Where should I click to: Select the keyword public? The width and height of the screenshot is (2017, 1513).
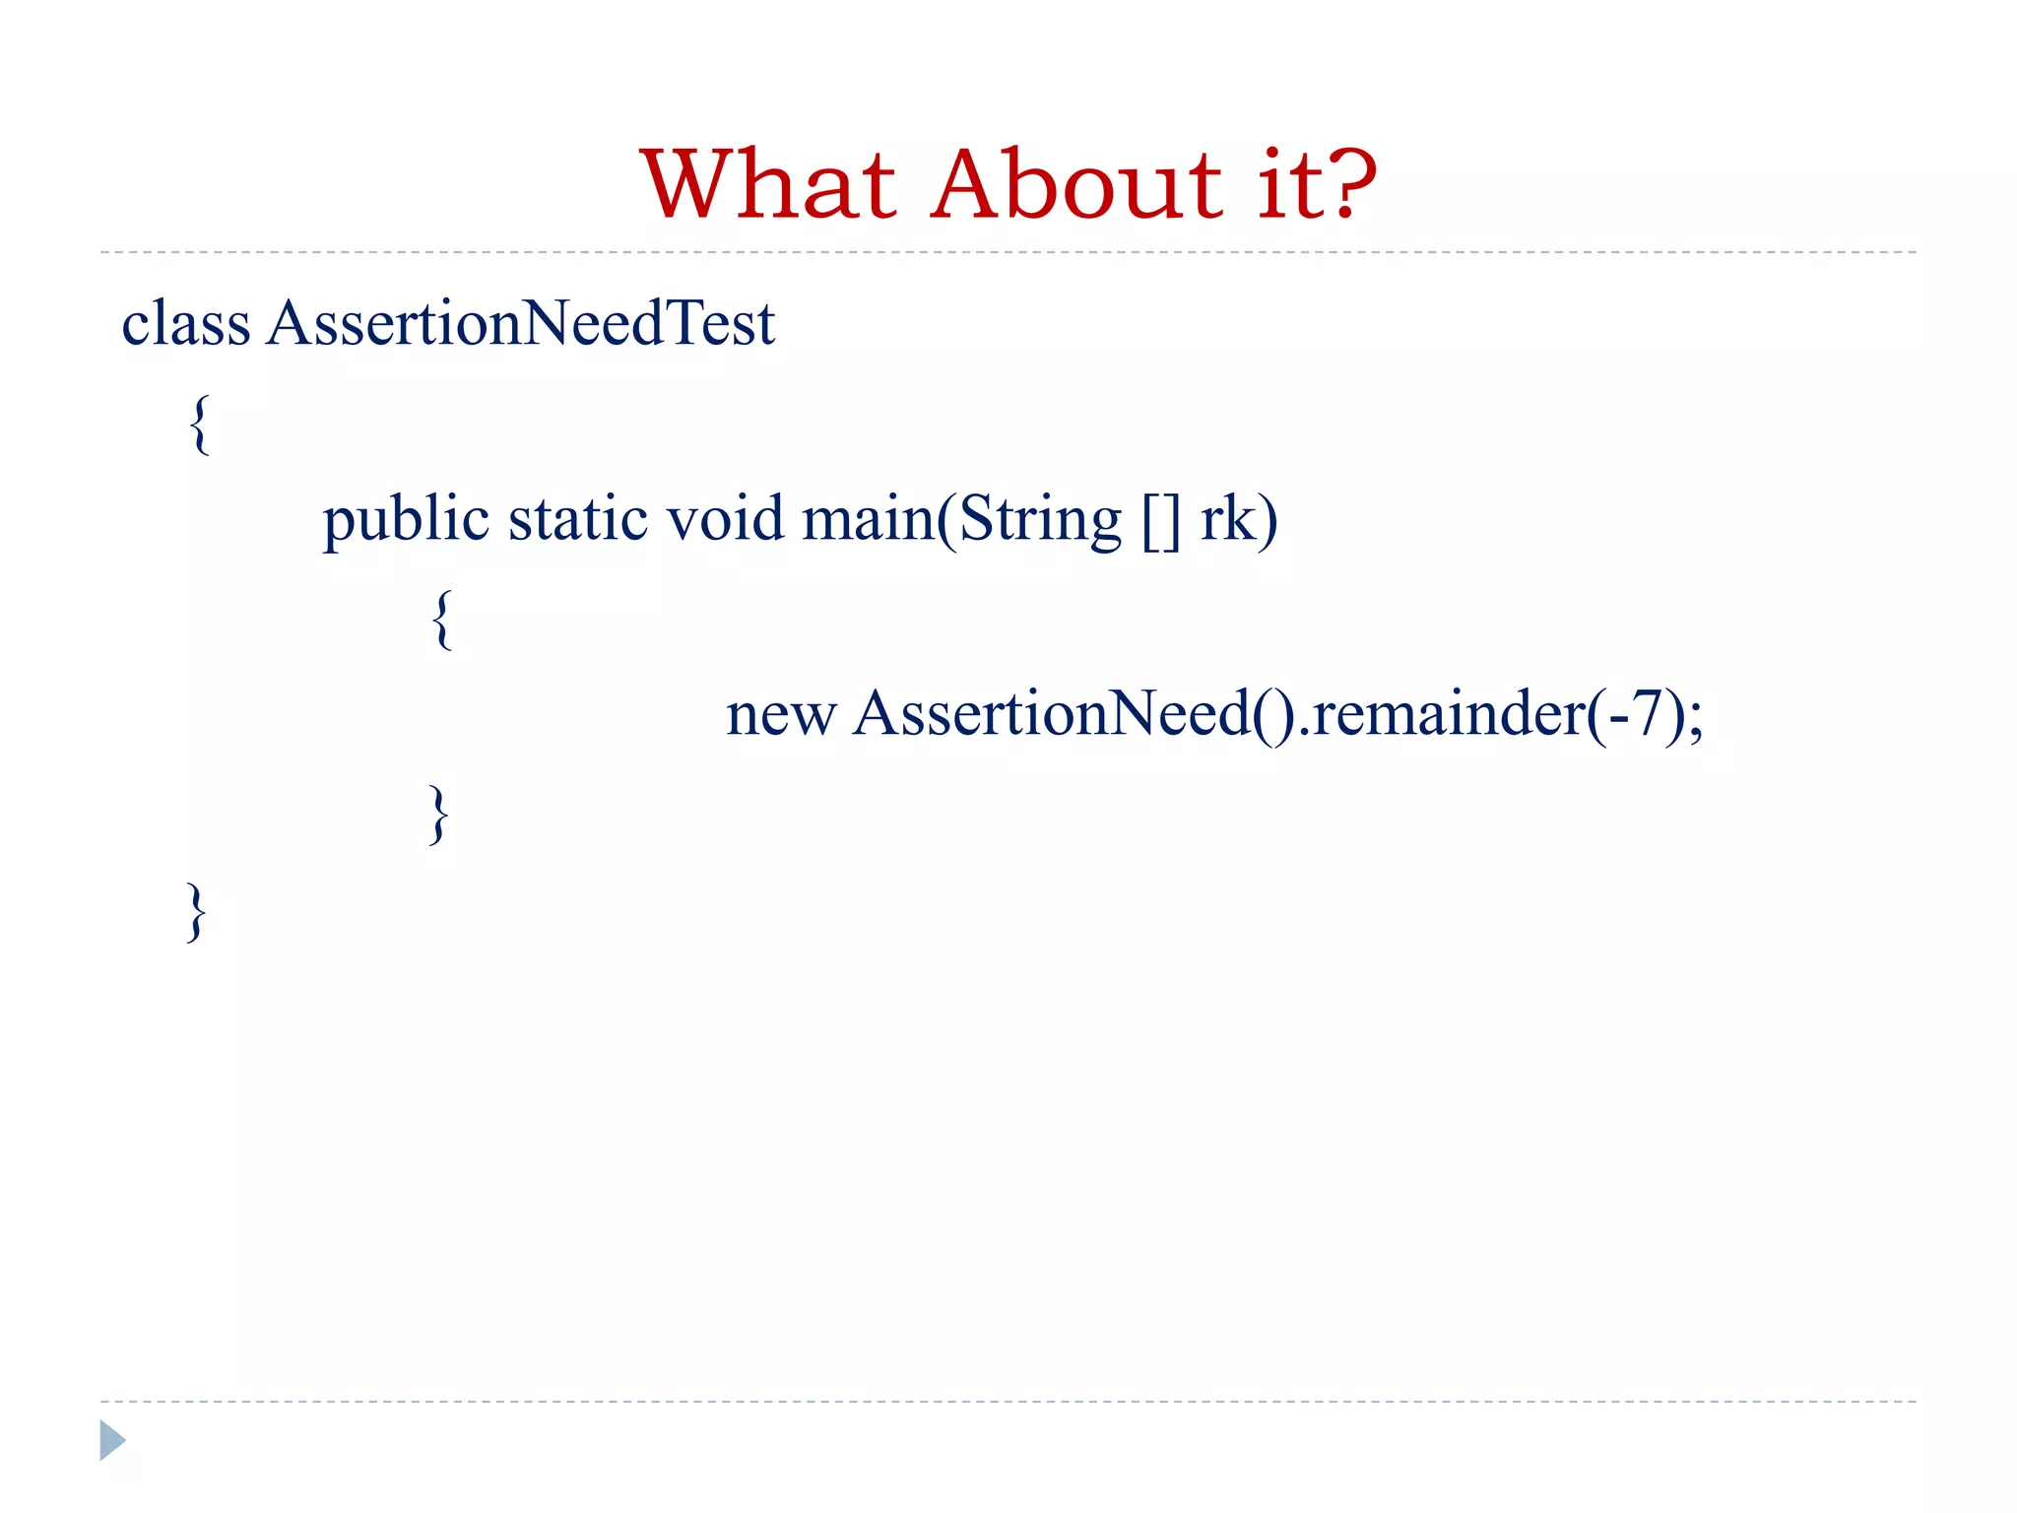406,519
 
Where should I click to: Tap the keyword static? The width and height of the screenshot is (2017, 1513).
578,519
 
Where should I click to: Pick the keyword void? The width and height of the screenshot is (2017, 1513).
725,519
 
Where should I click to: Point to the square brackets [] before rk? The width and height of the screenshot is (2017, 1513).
1161,519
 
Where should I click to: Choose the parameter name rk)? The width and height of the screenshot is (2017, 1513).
1239,519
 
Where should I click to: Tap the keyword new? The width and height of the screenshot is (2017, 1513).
781,714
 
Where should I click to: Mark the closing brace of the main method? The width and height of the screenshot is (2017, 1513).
439,814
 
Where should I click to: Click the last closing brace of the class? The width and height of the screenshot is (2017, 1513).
197,912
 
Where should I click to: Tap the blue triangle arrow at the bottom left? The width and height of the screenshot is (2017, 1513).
112,1440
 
